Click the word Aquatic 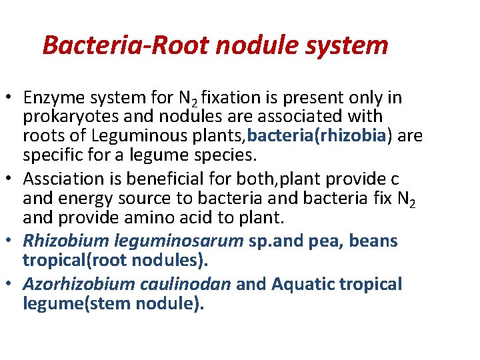click(303, 285)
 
